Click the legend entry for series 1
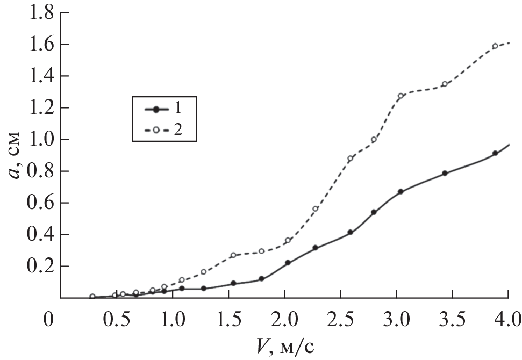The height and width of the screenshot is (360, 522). click(x=163, y=109)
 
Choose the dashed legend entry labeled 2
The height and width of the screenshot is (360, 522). click(x=163, y=129)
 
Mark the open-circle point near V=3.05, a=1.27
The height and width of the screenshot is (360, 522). click(x=401, y=96)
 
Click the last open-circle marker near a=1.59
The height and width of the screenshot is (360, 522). click(x=495, y=46)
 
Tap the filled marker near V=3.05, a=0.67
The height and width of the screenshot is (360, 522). click(x=401, y=192)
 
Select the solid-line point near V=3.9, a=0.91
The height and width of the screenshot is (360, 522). click(x=495, y=153)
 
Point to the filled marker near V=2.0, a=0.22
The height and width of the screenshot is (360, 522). click(x=288, y=263)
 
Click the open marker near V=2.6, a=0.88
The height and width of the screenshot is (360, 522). click(x=351, y=159)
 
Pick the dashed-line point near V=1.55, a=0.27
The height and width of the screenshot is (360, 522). click(x=233, y=255)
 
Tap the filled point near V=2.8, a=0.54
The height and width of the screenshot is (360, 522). click(x=374, y=212)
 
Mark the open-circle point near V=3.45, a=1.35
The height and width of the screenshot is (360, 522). click(x=445, y=84)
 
